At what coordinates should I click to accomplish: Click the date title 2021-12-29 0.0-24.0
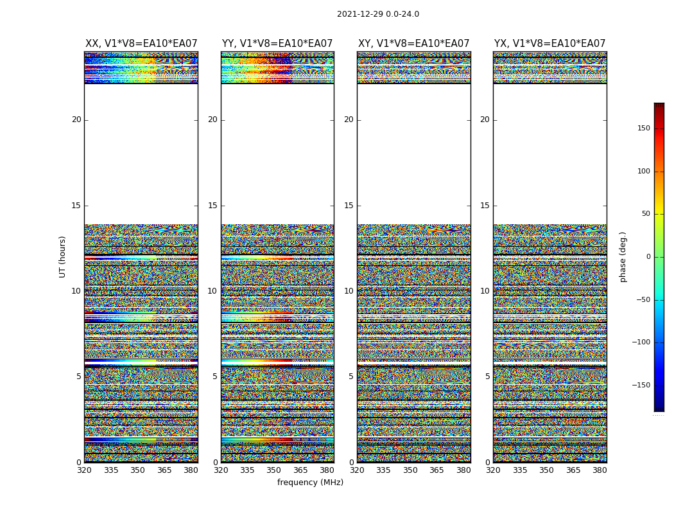(377, 14)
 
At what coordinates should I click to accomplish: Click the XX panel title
(141, 44)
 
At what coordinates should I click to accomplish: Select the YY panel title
(277, 44)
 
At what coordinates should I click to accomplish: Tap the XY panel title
(413, 44)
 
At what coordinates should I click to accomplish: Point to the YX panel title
(549, 44)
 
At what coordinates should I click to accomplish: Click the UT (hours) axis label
(63, 256)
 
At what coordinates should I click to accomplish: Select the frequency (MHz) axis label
(310, 483)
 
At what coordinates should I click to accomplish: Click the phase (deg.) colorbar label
(623, 256)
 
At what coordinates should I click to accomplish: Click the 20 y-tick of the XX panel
(76, 120)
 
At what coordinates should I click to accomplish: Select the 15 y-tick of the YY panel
(212, 206)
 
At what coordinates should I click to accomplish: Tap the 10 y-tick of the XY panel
(349, 291)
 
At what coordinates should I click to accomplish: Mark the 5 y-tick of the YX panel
(487, 377)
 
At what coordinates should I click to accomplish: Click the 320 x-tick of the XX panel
(84, 470)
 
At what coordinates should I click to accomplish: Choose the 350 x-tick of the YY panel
(274, 470)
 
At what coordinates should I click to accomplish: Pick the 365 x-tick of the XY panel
(436, 470)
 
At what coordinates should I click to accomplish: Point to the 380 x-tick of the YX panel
(600, 470)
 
